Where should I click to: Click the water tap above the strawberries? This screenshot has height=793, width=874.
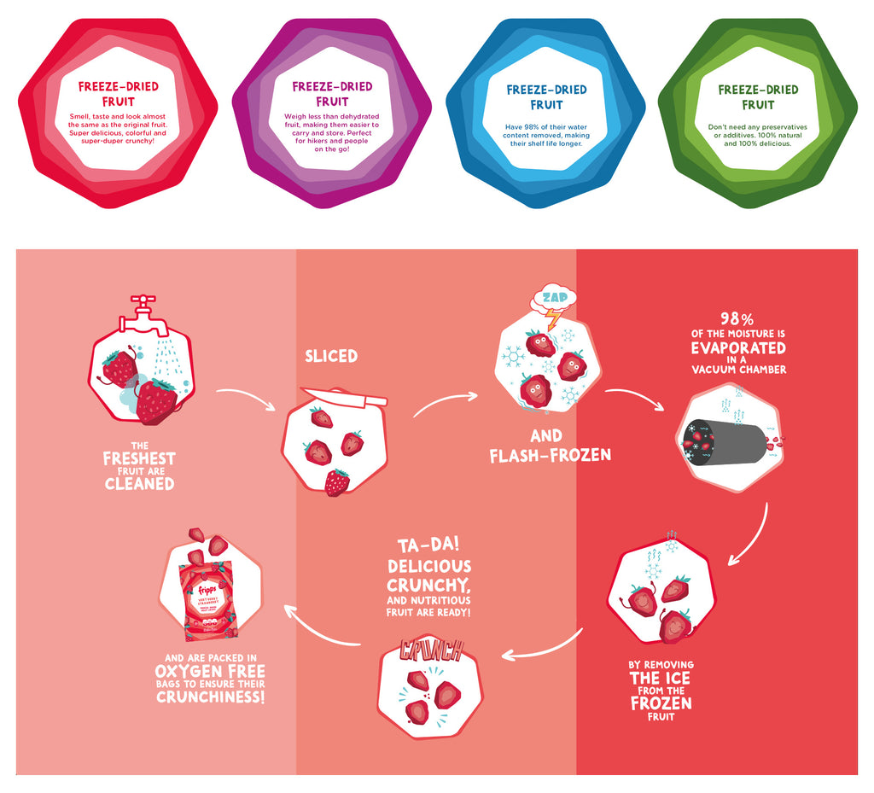click(143, 313)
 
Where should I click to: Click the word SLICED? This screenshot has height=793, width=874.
click(331, 356)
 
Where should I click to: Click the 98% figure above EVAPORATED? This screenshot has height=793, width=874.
click(738, 318)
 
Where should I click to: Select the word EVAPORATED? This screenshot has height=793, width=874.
click(738, 348)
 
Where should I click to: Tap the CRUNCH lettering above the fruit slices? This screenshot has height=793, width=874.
click(431, 650)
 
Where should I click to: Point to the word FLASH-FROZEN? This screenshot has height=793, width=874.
click(551, 455)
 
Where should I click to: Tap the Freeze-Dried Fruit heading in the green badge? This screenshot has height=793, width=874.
click(758, 96)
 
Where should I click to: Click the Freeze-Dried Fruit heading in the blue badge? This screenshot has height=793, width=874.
click(546, 96)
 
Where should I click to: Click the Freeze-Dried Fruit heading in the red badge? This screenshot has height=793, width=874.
click(118, 94)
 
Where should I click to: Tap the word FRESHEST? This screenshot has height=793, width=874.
click(139, 458)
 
